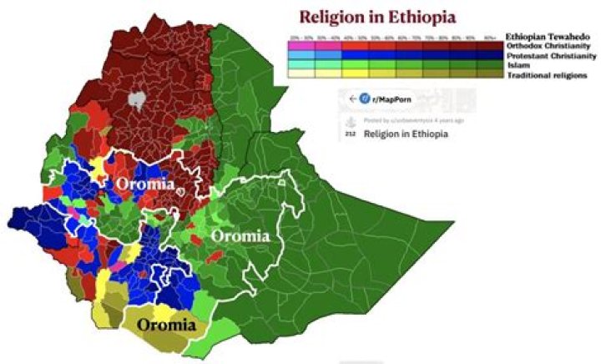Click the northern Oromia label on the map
point(145,183)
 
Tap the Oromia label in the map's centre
point(240,236)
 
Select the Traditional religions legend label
point(546,75)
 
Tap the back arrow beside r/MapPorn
point(342,99)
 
